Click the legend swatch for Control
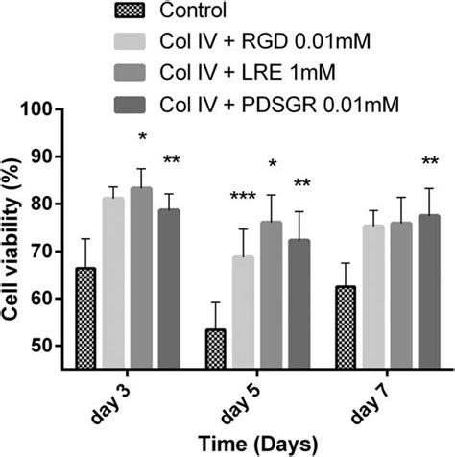pos(131,12)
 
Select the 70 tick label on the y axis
pos(51,251)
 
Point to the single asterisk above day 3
pos(142,140)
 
